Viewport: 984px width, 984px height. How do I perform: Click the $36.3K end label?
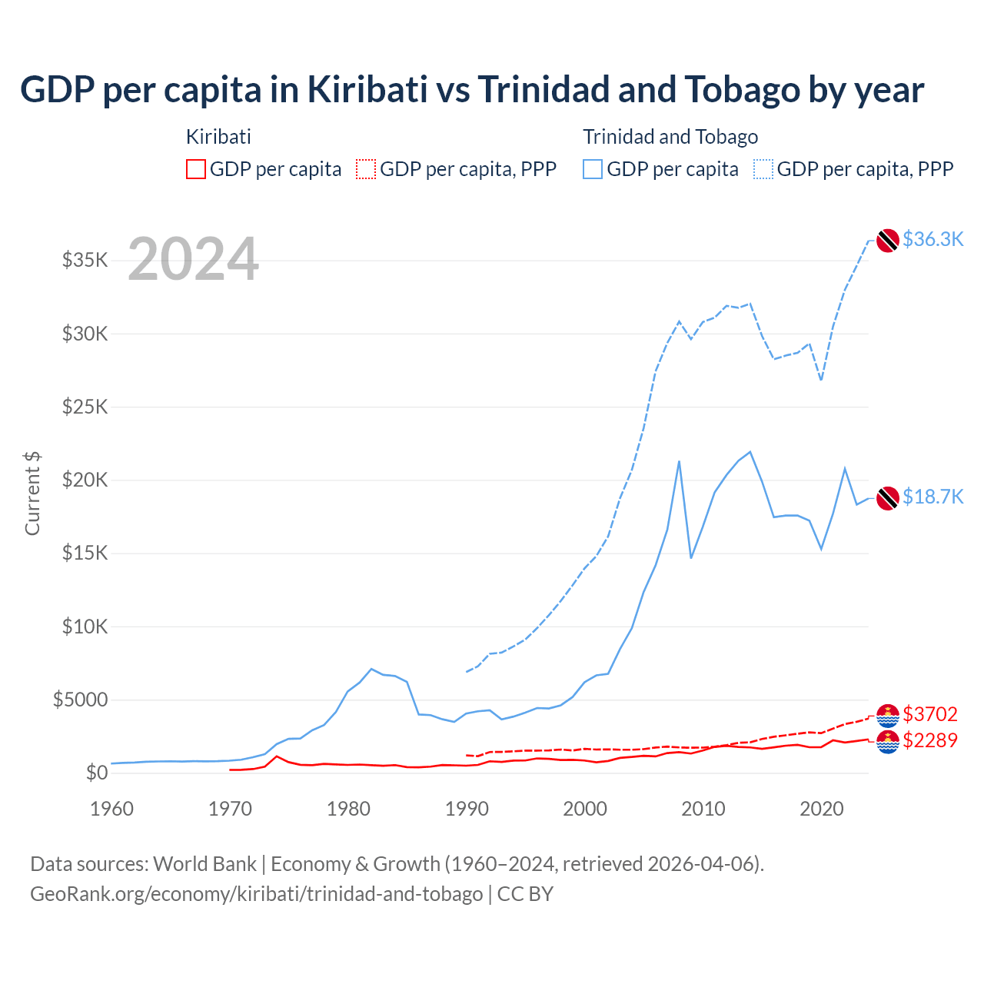click(932, 239)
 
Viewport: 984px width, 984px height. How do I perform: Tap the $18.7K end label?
click(932, 497)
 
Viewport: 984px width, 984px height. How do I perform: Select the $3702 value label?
click(930, 714)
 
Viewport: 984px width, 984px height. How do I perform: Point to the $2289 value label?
click(930, 740)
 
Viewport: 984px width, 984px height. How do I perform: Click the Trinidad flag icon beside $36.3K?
click(888, 241)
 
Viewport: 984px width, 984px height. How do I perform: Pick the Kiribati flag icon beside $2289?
click(888, 743)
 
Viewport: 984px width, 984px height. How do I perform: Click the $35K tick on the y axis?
click(85, 260)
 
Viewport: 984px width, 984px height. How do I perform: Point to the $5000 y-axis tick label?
click(80, 700)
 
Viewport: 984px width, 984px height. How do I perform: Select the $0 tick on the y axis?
click(96, 773)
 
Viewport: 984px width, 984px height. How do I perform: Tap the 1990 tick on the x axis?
click(467, 809)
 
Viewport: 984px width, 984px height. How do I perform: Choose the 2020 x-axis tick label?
click(822, 809)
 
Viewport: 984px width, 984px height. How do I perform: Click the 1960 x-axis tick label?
click(112, 809)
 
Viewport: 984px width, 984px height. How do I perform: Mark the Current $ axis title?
click(32, 494)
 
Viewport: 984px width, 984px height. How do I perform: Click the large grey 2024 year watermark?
click(193, 259)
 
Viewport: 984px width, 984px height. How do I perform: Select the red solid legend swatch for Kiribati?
click(196, 169)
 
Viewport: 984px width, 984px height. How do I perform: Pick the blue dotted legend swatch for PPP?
click(763, 169)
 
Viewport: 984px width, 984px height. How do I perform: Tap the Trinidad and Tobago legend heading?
click(670, 137)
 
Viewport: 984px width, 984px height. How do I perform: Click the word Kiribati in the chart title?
click(367, 89)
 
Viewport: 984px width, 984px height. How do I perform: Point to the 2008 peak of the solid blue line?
click(679, 461)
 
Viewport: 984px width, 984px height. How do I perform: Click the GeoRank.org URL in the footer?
click(256, 894)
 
